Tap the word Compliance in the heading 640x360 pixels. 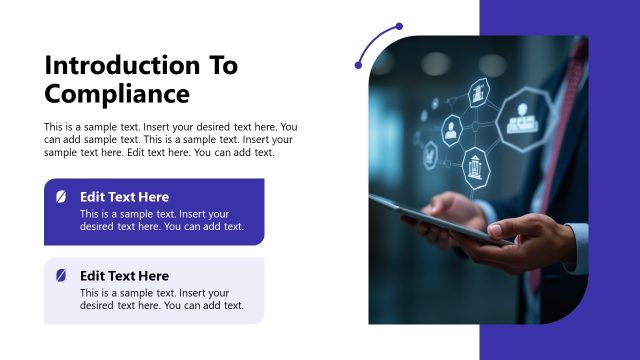pos(117,94)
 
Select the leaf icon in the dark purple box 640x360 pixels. pos(61,197)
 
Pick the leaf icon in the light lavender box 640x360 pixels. pos(61,275)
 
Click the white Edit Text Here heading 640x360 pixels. pos(124,197)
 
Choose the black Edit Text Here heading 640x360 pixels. pos(124,275)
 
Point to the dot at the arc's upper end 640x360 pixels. pos(399,26)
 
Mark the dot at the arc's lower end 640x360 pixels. pos(358,66)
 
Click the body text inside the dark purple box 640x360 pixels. pos(161,220)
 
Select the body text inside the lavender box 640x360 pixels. pos(161,299)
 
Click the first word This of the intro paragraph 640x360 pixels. pos(54,127)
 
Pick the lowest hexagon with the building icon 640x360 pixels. pos(477,166)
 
